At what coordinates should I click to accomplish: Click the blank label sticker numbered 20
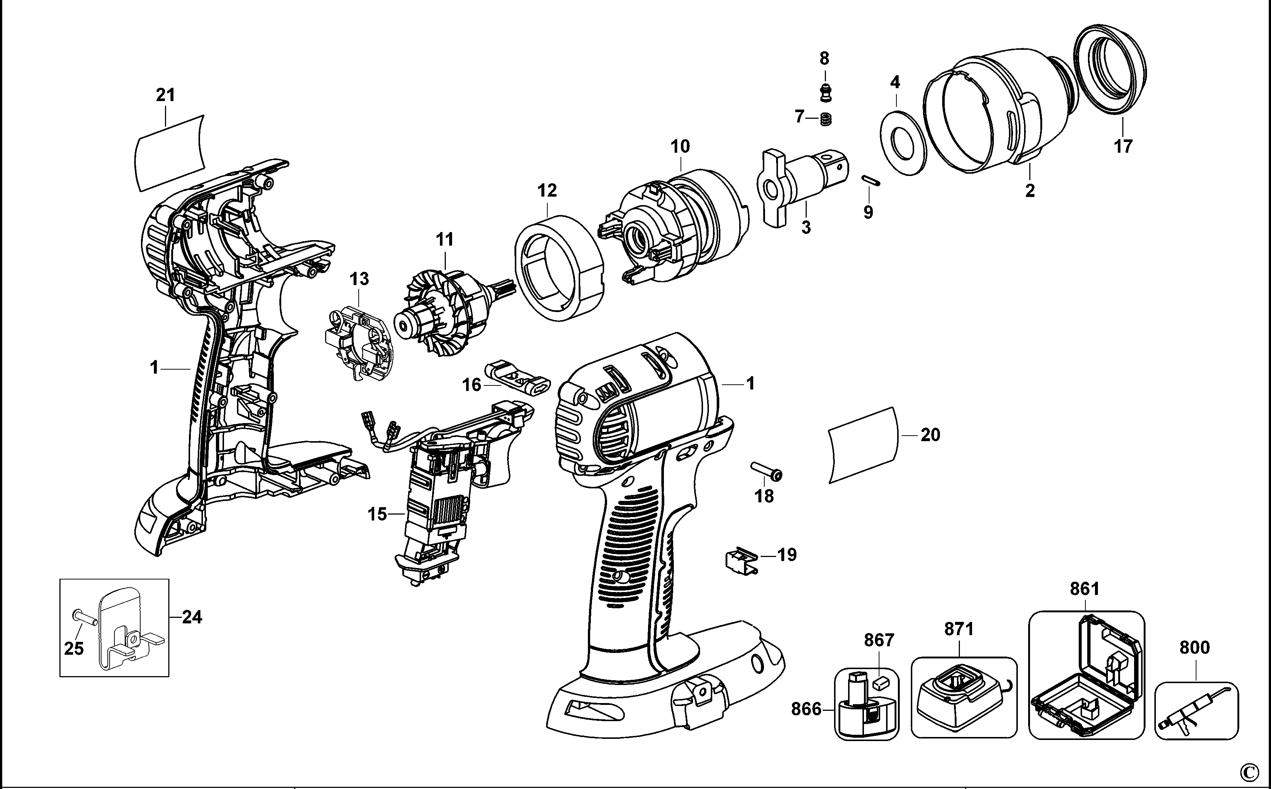(864, 444)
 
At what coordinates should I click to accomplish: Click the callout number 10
(680, 147)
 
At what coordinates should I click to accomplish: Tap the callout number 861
(1084, 589)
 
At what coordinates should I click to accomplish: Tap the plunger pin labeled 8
(825, 93)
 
